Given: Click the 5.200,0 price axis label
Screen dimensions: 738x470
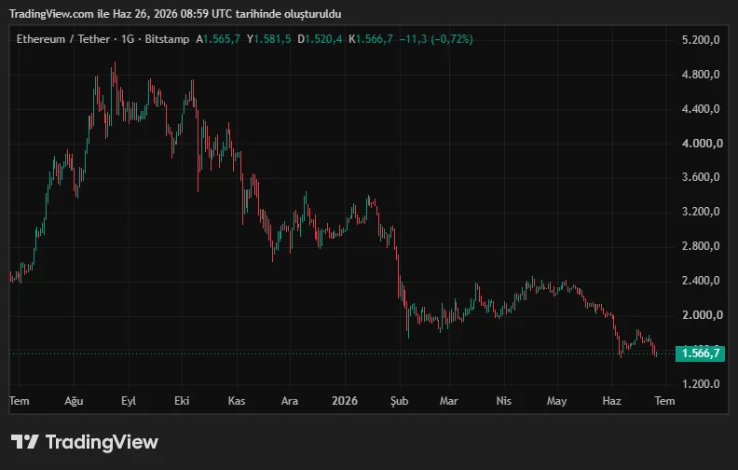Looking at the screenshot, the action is coord(701,39).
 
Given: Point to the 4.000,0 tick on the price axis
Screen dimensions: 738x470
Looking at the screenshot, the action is coord(702,144).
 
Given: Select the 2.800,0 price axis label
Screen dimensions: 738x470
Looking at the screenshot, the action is coord(701,246).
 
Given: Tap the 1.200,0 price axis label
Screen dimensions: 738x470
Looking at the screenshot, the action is coord(701,384).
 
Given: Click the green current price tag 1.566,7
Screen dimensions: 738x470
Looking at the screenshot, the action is coord(700,353).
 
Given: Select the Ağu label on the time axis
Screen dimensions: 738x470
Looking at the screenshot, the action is coord(74,401).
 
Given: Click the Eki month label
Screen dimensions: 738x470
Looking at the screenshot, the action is coord(182,401).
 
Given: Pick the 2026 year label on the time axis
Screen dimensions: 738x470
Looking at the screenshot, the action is coord(345,401).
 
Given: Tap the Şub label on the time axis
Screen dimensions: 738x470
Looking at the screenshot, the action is coord(399,401).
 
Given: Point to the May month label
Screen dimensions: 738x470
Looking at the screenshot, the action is coord(557,401).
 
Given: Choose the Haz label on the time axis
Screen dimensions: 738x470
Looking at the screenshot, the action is coord(611,401).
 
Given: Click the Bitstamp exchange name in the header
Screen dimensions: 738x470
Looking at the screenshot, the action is coord(167,39).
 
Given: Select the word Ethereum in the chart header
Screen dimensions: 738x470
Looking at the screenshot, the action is coord(41,39).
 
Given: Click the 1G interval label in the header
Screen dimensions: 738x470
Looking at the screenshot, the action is coord(128,39).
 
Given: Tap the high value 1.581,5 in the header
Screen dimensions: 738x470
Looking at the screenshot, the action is coord(272,39).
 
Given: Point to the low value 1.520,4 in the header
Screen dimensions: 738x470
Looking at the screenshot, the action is coord(323,39).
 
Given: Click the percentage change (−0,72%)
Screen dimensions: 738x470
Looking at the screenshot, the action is coord(452,39).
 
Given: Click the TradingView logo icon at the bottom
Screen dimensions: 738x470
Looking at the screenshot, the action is coord(24,442).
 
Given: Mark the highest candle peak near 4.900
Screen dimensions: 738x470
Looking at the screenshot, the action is coord(115,62).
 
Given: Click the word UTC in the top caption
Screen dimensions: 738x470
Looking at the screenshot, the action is coord(221,14).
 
